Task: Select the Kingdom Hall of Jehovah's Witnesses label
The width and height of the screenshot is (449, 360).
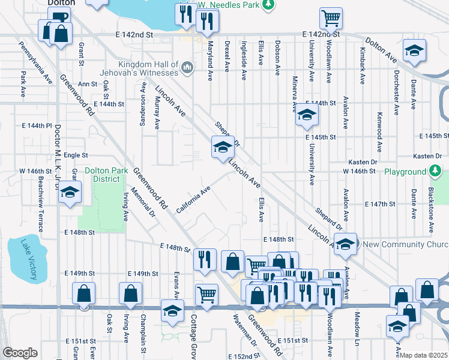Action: coord(148,68)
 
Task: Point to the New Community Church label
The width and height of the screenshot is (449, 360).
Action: coord(406,244)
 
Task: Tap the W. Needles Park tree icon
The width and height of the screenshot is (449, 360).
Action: coord(268,5)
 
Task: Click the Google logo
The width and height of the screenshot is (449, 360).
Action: coord(19,353)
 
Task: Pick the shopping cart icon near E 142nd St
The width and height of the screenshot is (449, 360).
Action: coord(331,18)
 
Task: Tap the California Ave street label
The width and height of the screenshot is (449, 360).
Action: coord(193,200)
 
